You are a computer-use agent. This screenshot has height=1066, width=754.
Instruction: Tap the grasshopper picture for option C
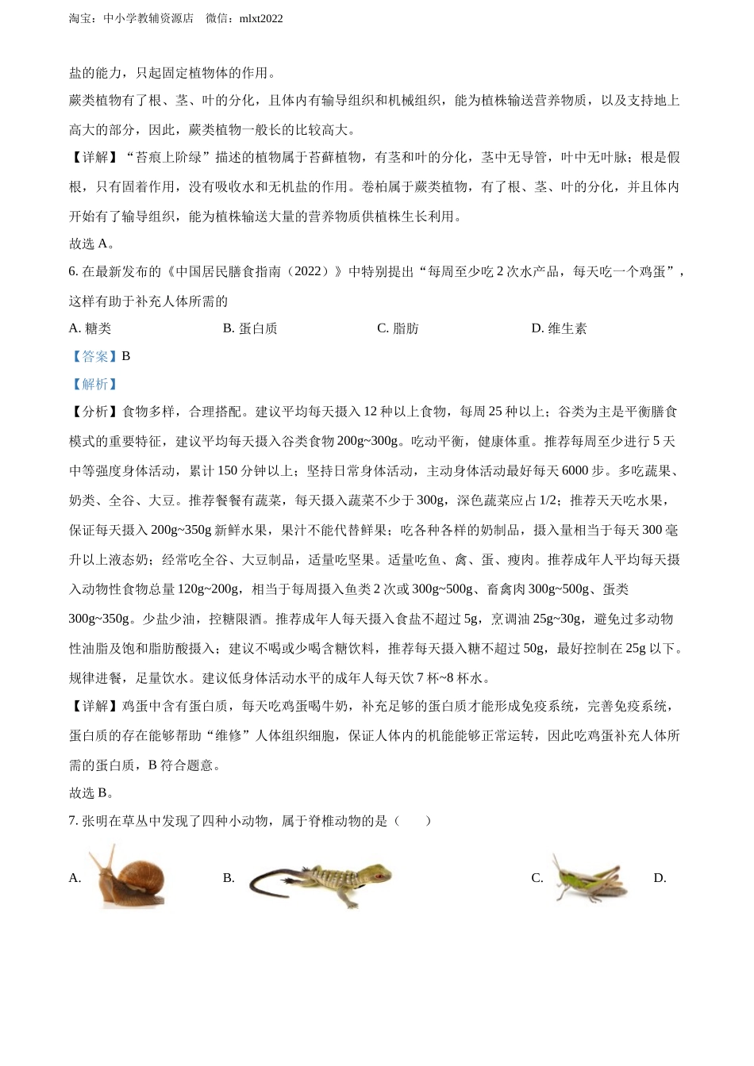coord(591,877)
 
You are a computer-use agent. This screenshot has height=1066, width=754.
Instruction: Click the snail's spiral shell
coord(145,875)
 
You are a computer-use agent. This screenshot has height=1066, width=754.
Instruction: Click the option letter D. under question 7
coord(660,878)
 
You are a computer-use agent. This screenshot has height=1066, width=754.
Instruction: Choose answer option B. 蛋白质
coord(250,328)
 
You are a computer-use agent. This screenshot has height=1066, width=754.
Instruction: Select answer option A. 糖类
coord(90,328)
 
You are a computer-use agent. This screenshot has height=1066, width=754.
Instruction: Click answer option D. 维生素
coord(559,328)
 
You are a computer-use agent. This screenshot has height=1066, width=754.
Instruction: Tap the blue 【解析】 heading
coord(94,384)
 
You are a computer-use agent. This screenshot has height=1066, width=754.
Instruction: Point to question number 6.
coord(74,271)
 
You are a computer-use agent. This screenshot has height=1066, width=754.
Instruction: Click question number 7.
coord(74,821)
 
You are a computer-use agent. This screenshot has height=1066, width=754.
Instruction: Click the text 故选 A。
coord(92,243)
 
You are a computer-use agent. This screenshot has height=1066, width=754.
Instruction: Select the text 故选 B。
coord(92,792)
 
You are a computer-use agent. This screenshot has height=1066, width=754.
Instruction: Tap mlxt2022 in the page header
coord(260,18)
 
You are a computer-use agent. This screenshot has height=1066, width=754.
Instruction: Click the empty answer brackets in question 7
coord(413,821)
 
